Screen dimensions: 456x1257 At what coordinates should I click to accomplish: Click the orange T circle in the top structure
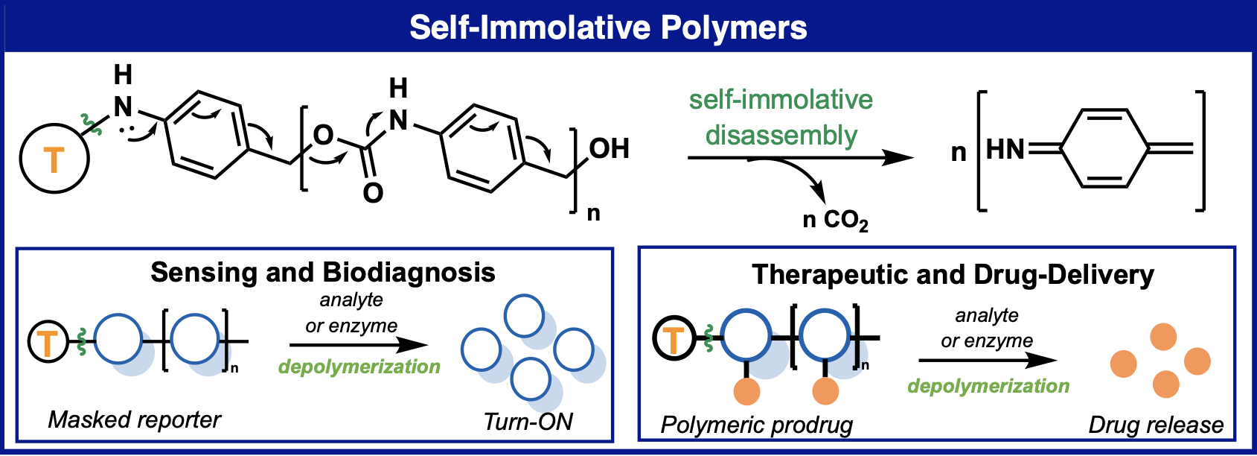(54, 159)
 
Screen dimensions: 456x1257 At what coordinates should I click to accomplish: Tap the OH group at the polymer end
(609, 149)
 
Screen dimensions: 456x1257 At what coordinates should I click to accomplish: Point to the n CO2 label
(835, 220)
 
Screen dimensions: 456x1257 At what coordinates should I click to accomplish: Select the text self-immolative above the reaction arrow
(781, 100)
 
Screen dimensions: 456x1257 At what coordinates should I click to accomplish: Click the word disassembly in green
(781, 136)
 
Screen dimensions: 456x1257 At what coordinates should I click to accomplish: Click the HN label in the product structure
(1005, 150)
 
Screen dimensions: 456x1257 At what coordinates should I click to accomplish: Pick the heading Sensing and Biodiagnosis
(322, 273)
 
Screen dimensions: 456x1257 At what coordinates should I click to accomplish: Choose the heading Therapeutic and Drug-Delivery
(953, 275)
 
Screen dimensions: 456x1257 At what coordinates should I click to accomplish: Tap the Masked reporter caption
(134, 420)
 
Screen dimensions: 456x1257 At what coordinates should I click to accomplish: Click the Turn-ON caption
(528, 422)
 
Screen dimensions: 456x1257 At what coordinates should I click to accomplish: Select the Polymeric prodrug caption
(756, 425)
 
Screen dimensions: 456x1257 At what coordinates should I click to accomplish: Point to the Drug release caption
(1155, 425)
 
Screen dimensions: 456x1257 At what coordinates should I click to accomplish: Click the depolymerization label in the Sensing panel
(359, 367)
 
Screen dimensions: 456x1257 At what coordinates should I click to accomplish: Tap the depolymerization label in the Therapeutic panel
(988, 386)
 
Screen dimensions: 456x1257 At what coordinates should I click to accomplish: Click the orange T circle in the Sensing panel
(48, 343)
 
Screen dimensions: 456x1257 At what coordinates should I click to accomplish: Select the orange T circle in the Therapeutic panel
(673, 340)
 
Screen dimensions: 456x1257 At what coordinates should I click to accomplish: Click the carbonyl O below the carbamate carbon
(373, 193)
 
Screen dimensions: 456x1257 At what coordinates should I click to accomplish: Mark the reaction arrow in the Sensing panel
(359, 345)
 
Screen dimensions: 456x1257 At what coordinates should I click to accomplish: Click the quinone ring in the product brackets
(1104, 149)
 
